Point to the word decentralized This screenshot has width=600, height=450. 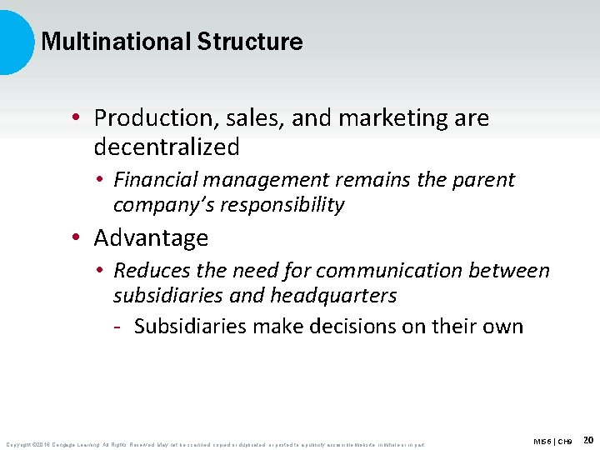click(x=167, y=147)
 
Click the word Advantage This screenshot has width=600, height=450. click(x=151, y=238)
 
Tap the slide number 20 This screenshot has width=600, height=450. click(x=588, y=439)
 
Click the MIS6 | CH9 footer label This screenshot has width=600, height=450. click(x=553, y=441)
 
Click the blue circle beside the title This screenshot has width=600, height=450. click(x=15, y=42)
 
